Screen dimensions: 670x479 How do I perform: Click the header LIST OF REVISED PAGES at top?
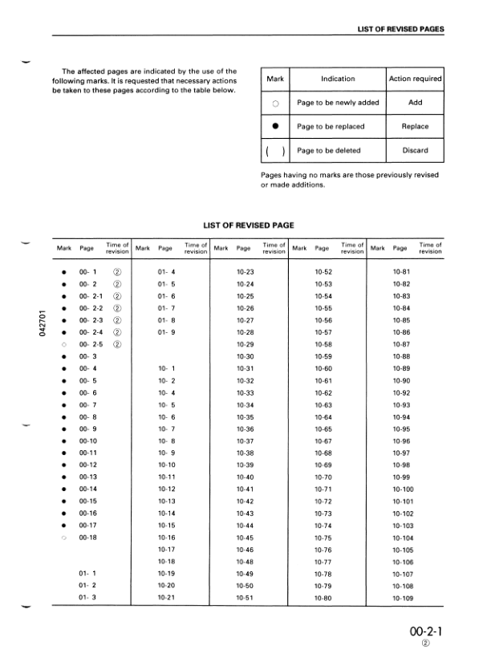[400, 29]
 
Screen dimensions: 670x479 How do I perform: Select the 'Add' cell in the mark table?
[415, 103]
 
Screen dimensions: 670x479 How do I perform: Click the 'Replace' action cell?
[415, 126]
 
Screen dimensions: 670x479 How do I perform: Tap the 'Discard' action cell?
[415, 150]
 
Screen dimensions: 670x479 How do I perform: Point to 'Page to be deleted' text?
[328, 150]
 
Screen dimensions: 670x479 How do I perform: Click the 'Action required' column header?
[415, 79]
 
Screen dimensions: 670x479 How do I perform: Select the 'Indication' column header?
[338, 79]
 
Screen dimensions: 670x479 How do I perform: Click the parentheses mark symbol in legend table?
[275, 151]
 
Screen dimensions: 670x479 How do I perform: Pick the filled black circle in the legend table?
[275, 126]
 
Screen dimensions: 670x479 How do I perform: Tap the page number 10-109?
[403, 598]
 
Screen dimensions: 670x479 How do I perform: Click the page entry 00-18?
[87, 537]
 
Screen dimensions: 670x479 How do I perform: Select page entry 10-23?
[246, 272]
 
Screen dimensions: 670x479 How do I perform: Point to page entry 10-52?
[323, 272]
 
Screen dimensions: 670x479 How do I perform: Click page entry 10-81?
[401, 272]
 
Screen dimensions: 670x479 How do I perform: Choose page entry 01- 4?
[167, 272]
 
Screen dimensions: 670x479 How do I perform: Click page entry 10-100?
[403, 489]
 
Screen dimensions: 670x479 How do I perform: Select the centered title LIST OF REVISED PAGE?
[246, 225]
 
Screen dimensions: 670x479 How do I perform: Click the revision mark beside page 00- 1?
[117, 272]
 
